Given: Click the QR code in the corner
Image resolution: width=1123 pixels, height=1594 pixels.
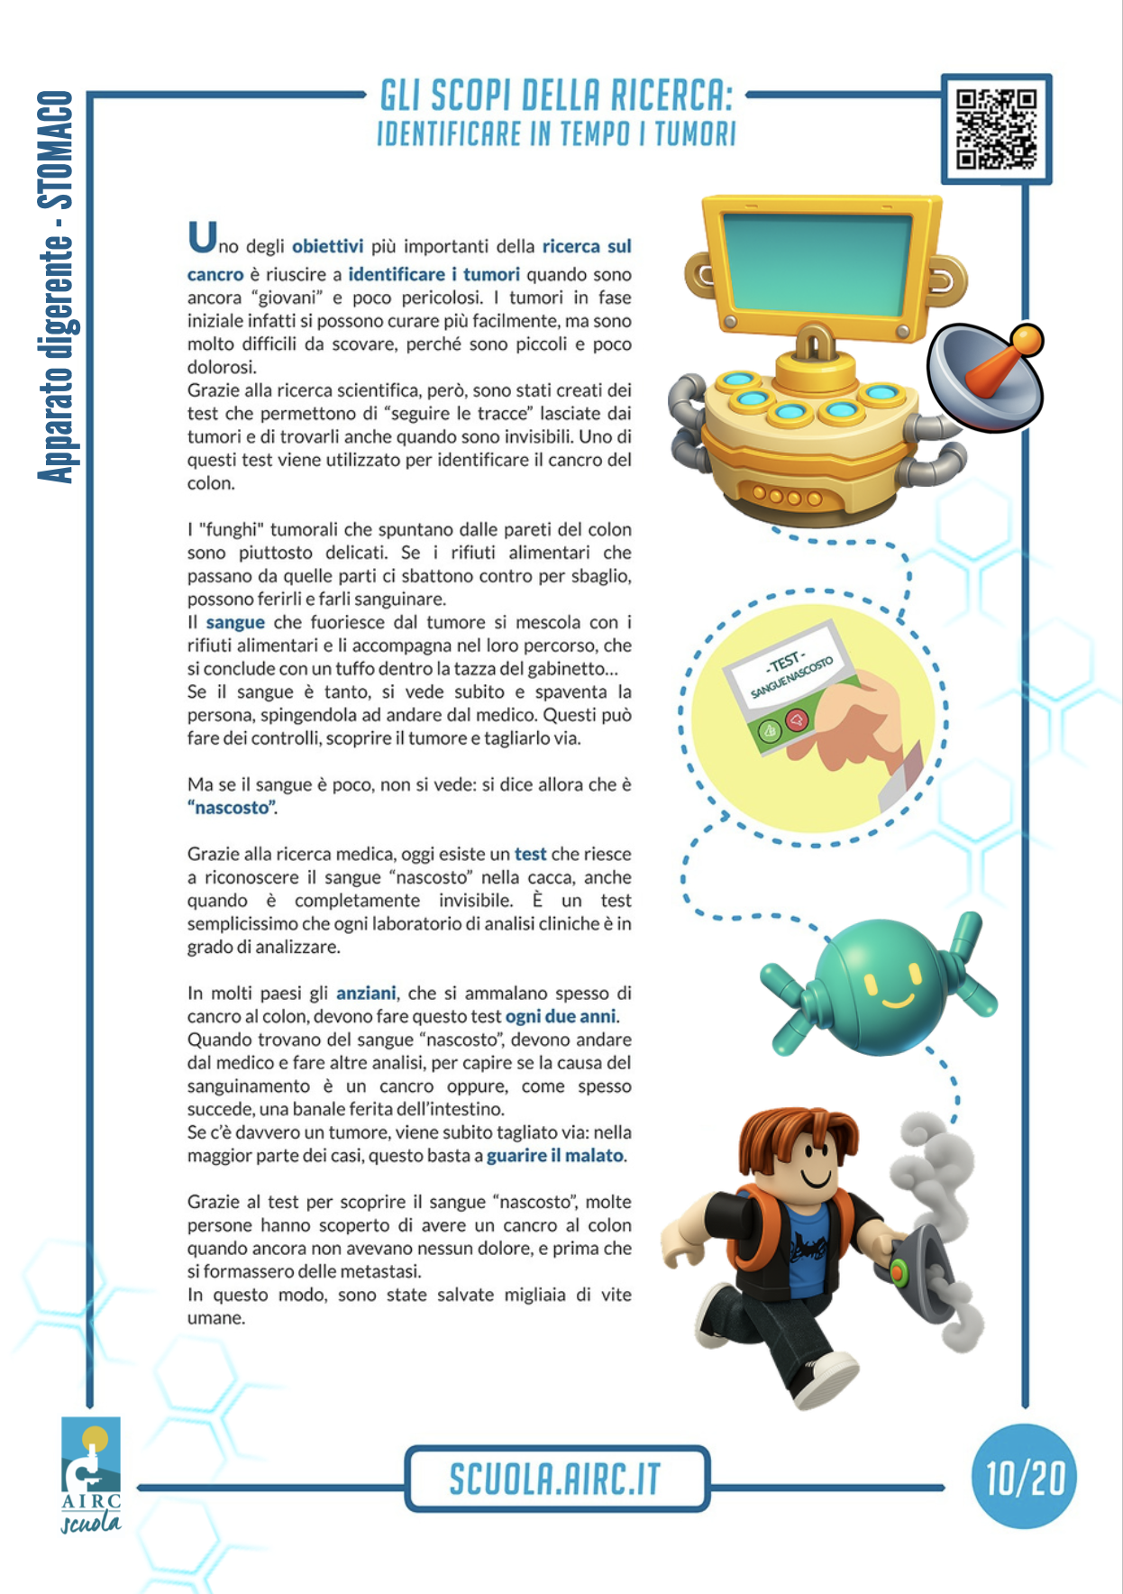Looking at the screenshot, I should coord(996,129).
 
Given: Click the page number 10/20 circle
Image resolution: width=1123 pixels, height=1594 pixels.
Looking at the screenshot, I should coord(1025,1477).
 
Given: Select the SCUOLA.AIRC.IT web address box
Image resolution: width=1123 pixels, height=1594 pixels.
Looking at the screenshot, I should coord(556,1479).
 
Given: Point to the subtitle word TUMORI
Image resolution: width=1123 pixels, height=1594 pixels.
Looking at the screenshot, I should coord(695,134).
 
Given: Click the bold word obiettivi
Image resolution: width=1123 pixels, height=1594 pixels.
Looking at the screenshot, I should coord(327,246).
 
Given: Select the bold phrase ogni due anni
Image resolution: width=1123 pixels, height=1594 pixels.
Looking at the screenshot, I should coord(561,1016).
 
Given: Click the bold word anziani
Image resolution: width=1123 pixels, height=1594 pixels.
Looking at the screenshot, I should coord(366,993).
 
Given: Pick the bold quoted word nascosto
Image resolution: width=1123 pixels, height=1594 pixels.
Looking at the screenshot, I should coord(232,808).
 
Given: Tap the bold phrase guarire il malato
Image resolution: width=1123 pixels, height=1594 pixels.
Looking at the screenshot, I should coord(555,1155).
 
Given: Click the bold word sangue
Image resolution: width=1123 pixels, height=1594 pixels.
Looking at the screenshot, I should coord(235,622).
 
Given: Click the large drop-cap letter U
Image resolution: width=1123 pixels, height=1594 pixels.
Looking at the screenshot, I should coord(202,237).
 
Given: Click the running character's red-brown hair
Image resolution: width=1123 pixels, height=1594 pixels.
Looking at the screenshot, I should coord(793,1136).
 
